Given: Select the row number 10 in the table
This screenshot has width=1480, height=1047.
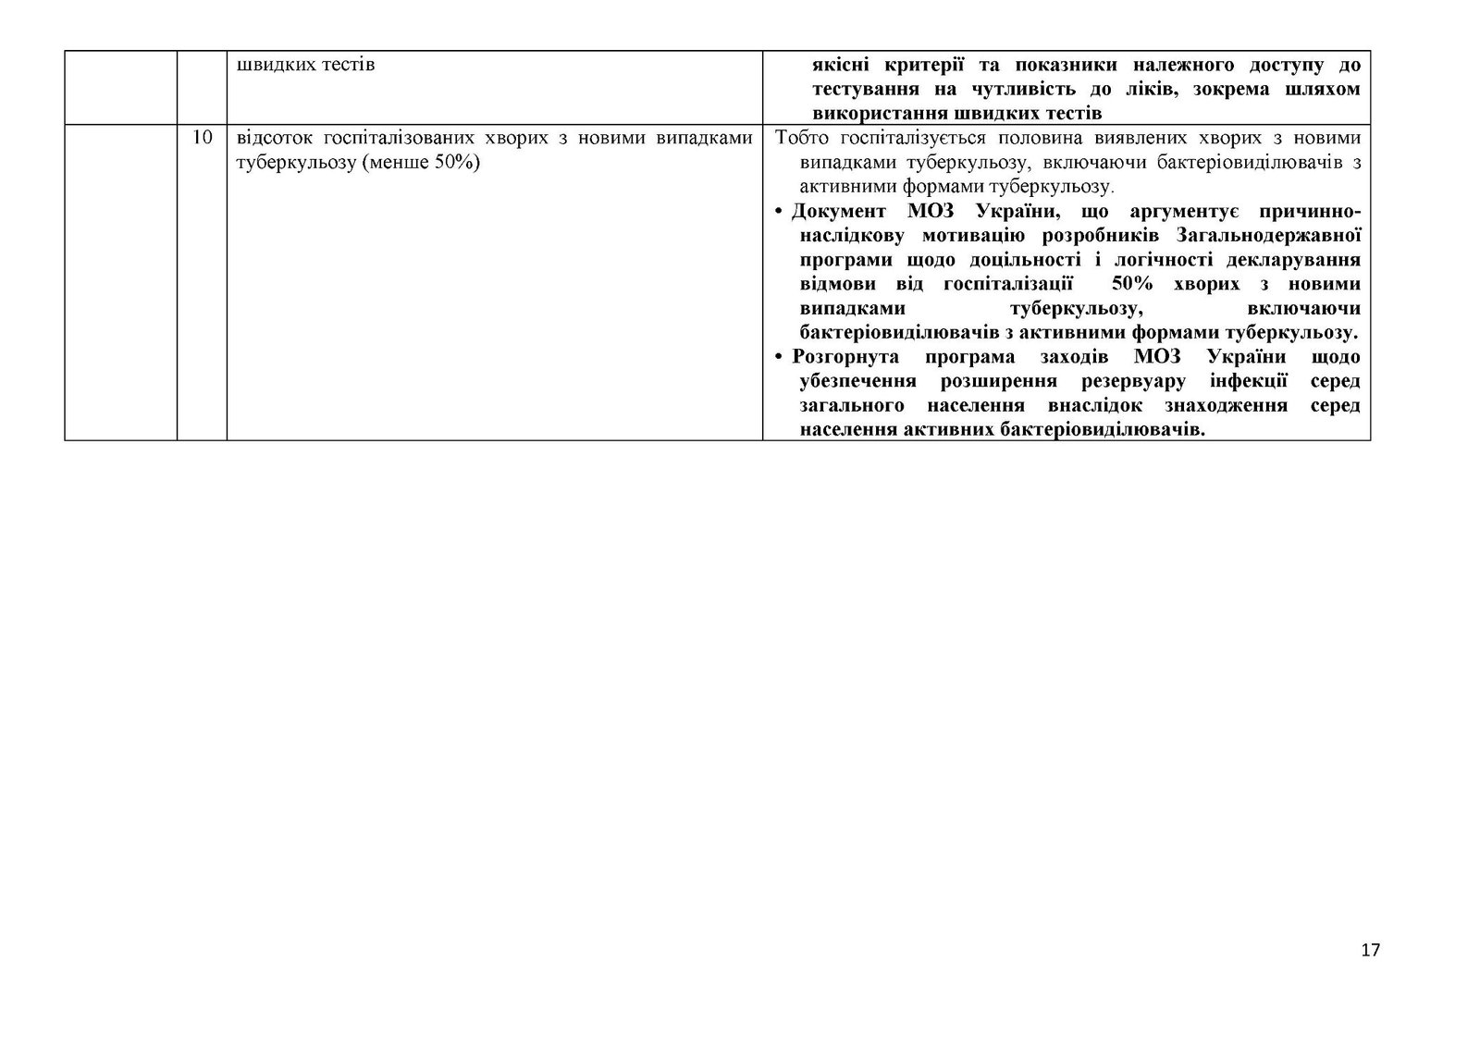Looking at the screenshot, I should [x=202, y=139].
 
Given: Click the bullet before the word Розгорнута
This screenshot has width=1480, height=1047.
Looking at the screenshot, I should [x=781, y=357].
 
